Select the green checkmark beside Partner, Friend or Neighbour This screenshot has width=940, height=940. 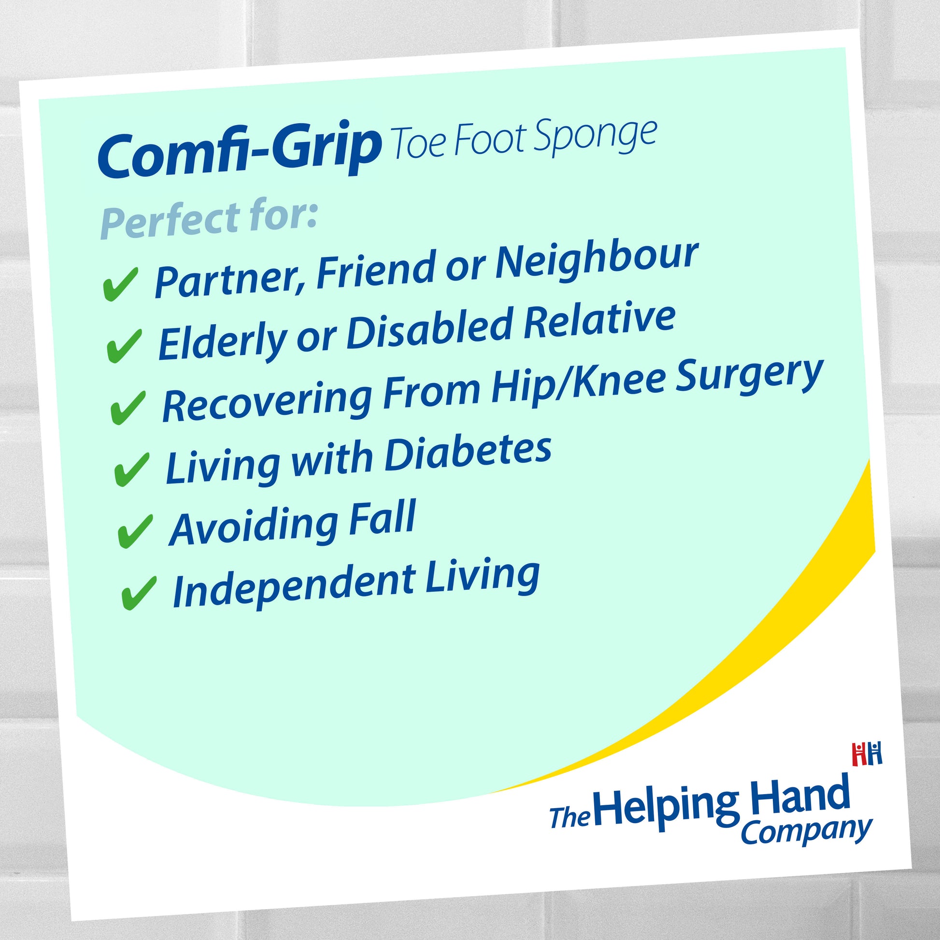(120, 284)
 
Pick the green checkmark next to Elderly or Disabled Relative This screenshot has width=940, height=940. (124, 345)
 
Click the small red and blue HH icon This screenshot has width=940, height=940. (867, 754)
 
